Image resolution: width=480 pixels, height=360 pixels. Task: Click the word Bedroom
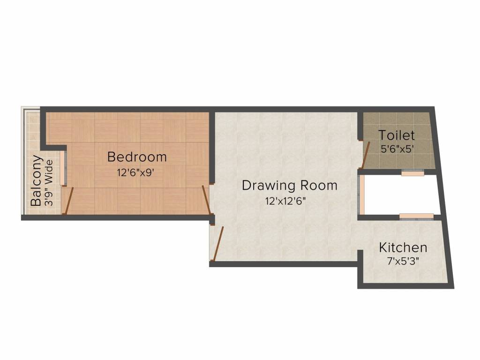coord(136,157)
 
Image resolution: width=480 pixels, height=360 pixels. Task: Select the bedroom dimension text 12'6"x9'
coord(136,172)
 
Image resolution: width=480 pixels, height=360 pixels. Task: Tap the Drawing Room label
coord(289,186)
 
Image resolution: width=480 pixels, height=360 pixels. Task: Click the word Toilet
coord(397,135)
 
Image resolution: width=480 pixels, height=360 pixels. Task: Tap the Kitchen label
coord(403,247)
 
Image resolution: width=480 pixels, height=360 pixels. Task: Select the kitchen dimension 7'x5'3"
coord(403,261)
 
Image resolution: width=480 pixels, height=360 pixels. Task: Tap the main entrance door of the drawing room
coord(218,243)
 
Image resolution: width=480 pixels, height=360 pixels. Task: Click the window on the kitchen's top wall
coord(416,216)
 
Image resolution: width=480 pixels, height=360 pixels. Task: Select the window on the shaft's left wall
coord(360,194)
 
